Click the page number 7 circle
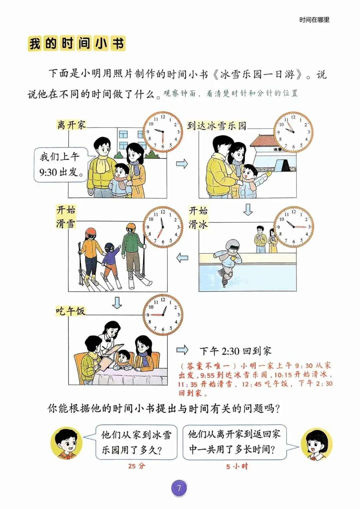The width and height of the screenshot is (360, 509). pos(179,488)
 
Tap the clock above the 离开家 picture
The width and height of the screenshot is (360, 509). pos(163,132)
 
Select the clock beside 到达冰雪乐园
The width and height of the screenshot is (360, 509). pos(293,132)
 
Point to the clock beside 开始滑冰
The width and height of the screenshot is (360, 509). pos(294,227)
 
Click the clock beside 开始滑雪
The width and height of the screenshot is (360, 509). pos(163,227)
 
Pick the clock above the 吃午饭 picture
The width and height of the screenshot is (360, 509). pos(163,315)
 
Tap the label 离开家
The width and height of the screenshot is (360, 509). pos(71,125)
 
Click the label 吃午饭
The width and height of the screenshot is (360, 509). pos(71,311)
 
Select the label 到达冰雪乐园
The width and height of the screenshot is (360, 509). pos(217,126)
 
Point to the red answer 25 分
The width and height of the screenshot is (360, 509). pos(136,466)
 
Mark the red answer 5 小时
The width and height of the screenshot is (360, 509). pos(237,466)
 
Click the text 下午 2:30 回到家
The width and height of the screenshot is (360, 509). pos(236,351)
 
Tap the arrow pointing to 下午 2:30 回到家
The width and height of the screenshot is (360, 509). pos(182,350)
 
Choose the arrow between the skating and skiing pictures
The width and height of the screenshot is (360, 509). pos(182,258)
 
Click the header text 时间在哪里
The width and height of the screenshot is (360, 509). pos(314,20)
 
